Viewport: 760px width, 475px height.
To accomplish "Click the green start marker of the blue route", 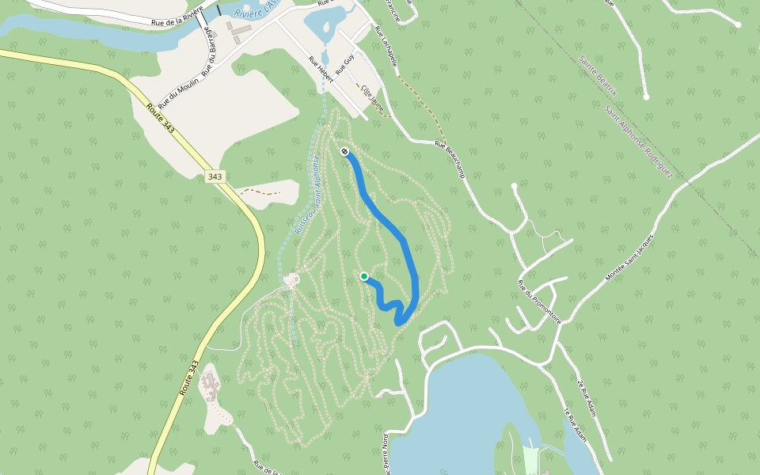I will click(364, 276).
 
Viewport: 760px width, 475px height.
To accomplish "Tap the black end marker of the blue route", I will click(344, 151).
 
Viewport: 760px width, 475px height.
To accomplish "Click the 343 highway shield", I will click(214, 177).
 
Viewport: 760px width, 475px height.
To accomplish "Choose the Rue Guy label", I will click(344, 63).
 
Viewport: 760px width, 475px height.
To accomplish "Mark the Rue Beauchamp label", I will click(450, 158).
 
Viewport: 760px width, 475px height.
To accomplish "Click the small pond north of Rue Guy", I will click(326, 24).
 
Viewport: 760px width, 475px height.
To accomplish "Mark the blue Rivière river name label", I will click(255, 10).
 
